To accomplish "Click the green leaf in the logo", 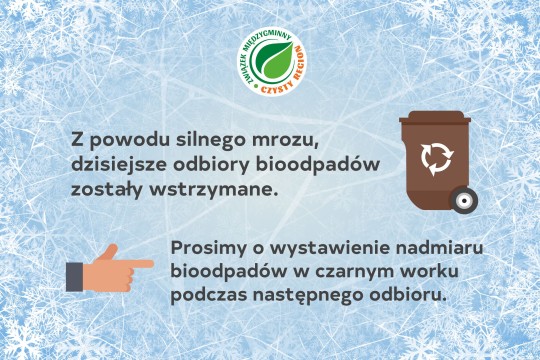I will click(270, 63).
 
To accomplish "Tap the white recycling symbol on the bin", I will click(436, 157).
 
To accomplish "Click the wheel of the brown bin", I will click(463, 200).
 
